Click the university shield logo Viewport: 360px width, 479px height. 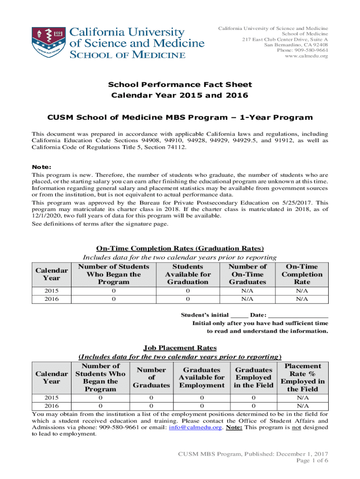48,43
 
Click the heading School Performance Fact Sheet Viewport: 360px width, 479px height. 180,85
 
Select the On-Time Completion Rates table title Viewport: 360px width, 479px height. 180,248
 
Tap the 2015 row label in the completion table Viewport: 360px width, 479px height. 51,291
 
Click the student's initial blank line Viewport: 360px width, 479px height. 239,315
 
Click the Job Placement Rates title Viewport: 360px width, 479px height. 180,348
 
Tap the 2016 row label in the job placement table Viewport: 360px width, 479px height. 51,406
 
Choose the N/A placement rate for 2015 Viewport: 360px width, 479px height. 302,398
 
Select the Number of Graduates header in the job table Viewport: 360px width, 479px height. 151,377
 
